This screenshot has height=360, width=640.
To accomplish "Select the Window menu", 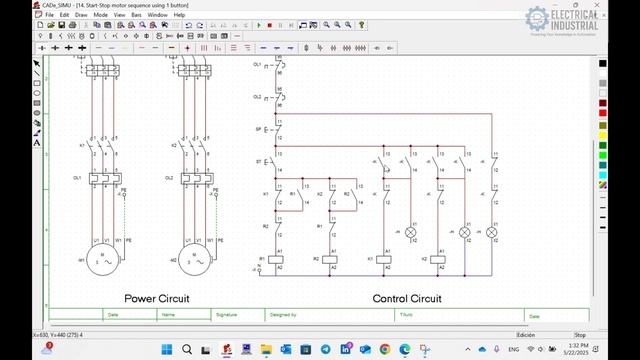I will (x=157, y=15).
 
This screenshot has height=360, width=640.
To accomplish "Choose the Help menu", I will (x=180, y=15).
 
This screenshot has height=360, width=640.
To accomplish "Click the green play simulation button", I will (x=255, y=25).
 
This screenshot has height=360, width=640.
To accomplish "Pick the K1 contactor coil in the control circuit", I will (x=385, y=259).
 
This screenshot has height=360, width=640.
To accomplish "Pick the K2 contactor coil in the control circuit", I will (x=438, y=259).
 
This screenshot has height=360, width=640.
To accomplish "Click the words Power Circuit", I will (x=157, y=298).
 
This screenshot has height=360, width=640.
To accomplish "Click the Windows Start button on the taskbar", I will (x=166, y=350).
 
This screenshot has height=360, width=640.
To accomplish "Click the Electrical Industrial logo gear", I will (x=537, y=19).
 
